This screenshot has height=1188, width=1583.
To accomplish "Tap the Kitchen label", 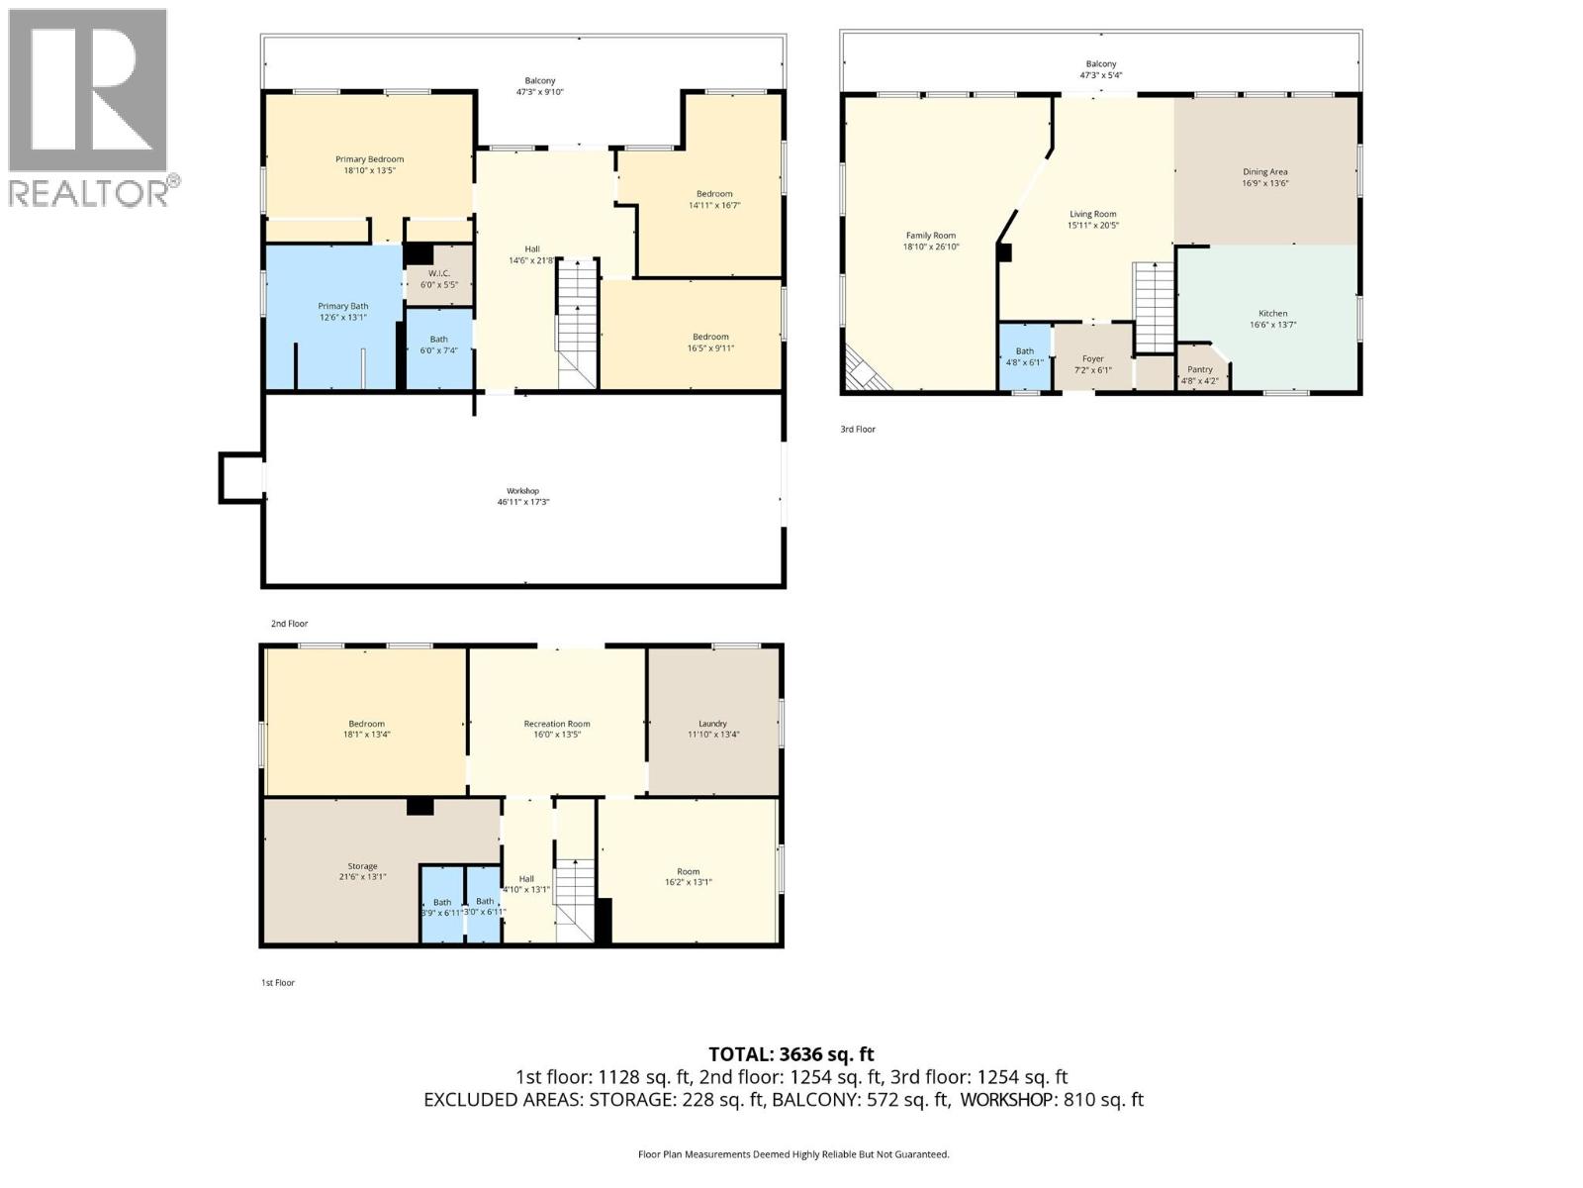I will point(1272,314).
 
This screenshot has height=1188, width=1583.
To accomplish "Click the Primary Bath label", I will point(342,307).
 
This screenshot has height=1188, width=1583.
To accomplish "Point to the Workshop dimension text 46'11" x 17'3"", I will point(522,502).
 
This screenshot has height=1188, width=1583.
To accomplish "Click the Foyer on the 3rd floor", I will point(1092,359).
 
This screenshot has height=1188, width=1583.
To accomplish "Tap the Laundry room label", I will point(712,724).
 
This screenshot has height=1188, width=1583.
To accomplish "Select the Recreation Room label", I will point(556,724).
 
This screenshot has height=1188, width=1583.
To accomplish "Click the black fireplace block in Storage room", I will point(420,807).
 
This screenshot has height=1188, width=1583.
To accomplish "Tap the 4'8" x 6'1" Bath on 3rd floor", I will point(1024,356).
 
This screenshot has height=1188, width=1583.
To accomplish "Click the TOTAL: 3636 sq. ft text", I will point(791,1054).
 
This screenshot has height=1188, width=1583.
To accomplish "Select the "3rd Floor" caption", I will point(858,430).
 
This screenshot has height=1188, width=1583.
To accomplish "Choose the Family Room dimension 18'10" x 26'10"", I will point(931,247).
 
